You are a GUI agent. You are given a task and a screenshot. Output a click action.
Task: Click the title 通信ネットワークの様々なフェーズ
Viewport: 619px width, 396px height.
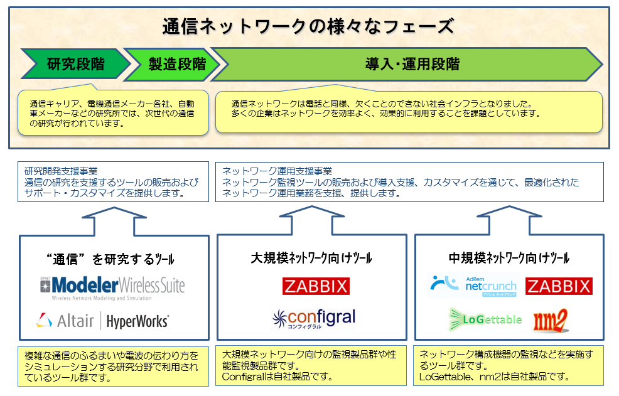308,26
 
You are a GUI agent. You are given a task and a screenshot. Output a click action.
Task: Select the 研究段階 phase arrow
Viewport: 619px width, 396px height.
76,63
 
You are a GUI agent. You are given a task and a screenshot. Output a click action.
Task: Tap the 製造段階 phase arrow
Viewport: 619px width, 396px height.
176,63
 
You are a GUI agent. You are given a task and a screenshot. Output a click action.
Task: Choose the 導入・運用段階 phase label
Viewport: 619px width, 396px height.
412,63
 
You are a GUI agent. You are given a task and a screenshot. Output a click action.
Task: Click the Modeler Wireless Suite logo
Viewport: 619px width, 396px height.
112,287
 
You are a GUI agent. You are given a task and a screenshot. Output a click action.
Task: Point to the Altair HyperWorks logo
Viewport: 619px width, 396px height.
102,321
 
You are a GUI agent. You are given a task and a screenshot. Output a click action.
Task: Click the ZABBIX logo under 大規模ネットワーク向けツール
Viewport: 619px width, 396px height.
316,286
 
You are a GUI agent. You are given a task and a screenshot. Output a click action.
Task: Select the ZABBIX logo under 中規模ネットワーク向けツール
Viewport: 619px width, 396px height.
558,286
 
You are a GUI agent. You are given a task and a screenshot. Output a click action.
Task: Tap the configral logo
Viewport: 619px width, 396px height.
314,318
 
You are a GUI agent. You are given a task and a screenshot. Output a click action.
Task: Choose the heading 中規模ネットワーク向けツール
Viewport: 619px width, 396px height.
509,258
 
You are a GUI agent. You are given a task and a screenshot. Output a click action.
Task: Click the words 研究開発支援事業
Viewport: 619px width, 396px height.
62,171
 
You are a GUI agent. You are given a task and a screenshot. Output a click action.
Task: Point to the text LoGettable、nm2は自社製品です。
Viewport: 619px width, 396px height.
494,377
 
